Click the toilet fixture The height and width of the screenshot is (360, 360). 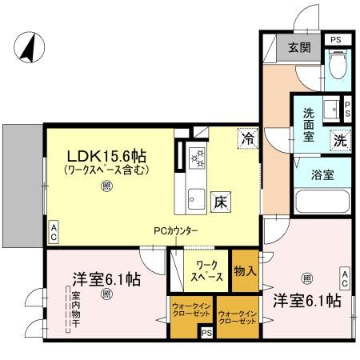(337, 60)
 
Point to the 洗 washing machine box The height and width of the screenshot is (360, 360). (342, 137)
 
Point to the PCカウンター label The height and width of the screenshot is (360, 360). (176, 231)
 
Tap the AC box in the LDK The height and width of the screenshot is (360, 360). (54, 231)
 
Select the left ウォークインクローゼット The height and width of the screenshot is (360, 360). (190, 312)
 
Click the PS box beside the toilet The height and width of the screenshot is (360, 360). (335, 38)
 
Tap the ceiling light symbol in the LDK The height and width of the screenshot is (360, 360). (106, 187)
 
